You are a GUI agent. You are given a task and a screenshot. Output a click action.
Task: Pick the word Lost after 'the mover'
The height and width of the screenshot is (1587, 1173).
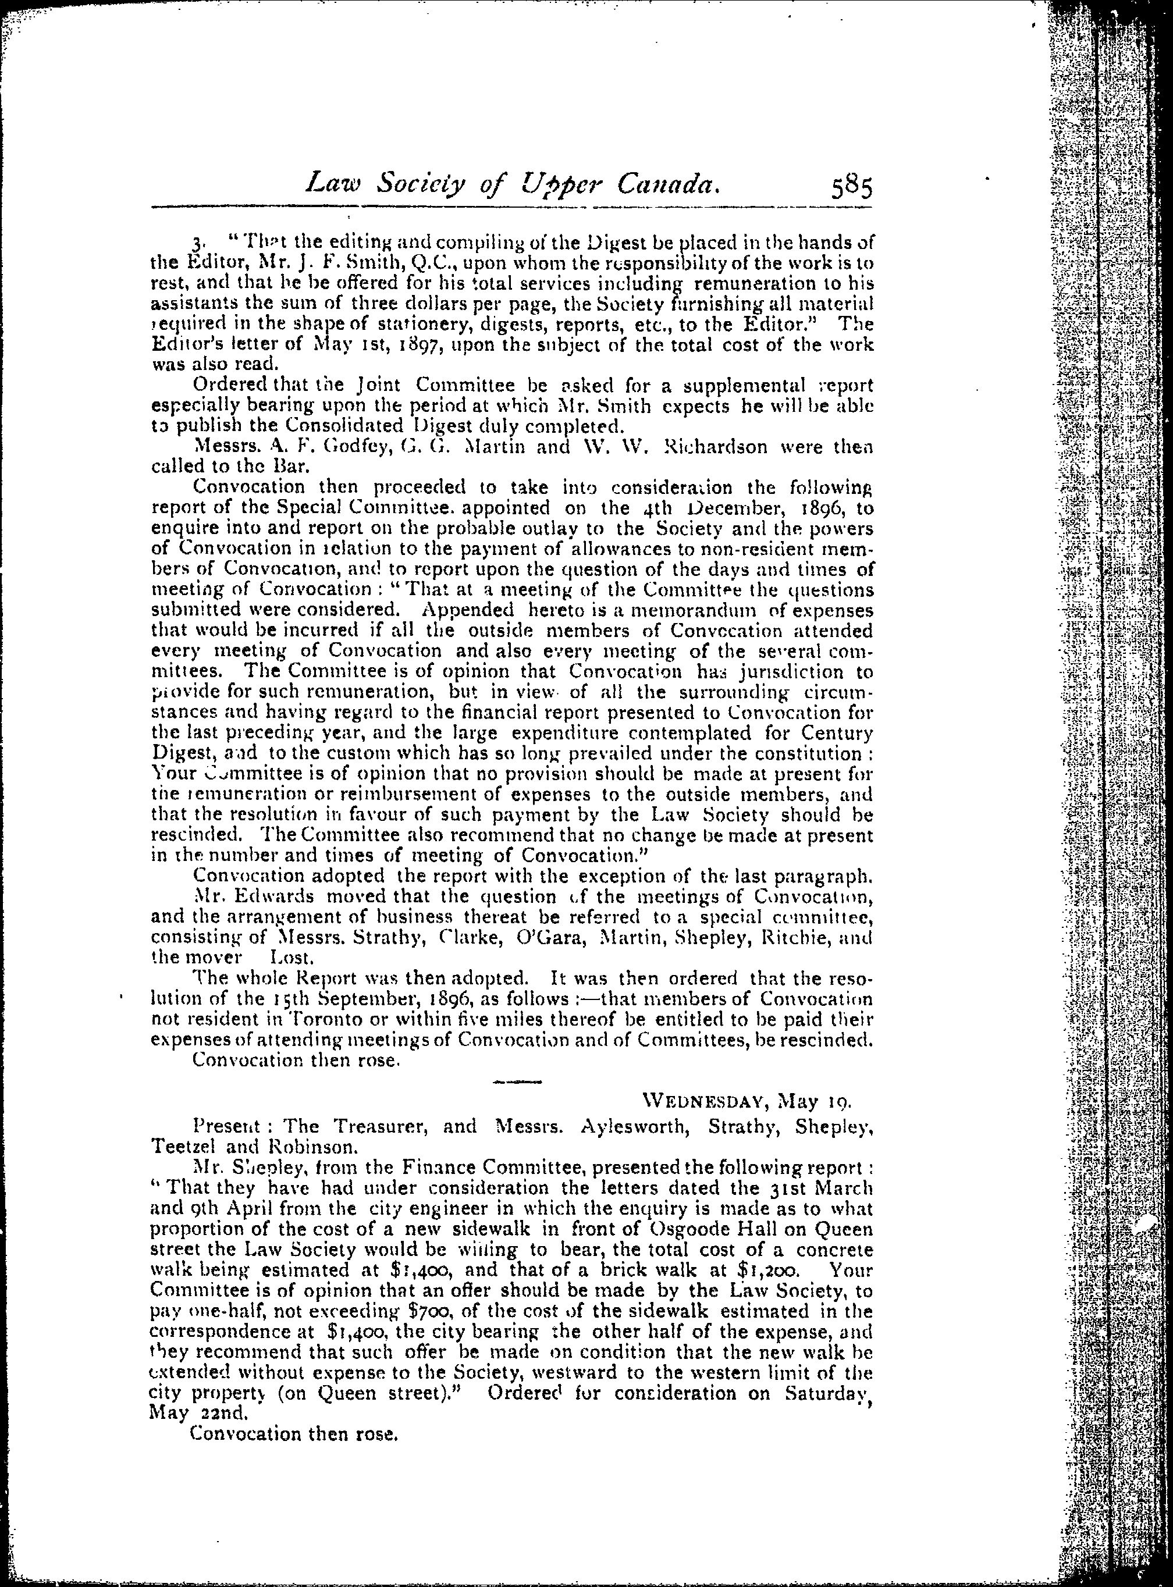pos(301,957)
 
